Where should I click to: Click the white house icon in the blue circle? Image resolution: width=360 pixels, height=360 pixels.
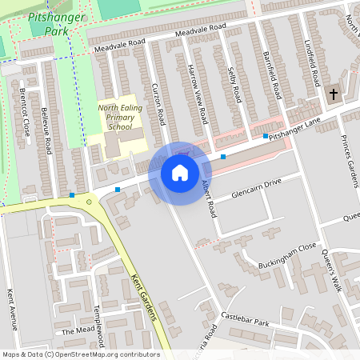[x=180, y=172]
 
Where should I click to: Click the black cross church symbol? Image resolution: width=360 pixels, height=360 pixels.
[x=334, y=94]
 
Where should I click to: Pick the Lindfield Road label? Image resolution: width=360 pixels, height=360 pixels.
[x=314, y=63]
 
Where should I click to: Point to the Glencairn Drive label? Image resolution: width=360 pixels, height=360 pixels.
[x=257, y=189]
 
